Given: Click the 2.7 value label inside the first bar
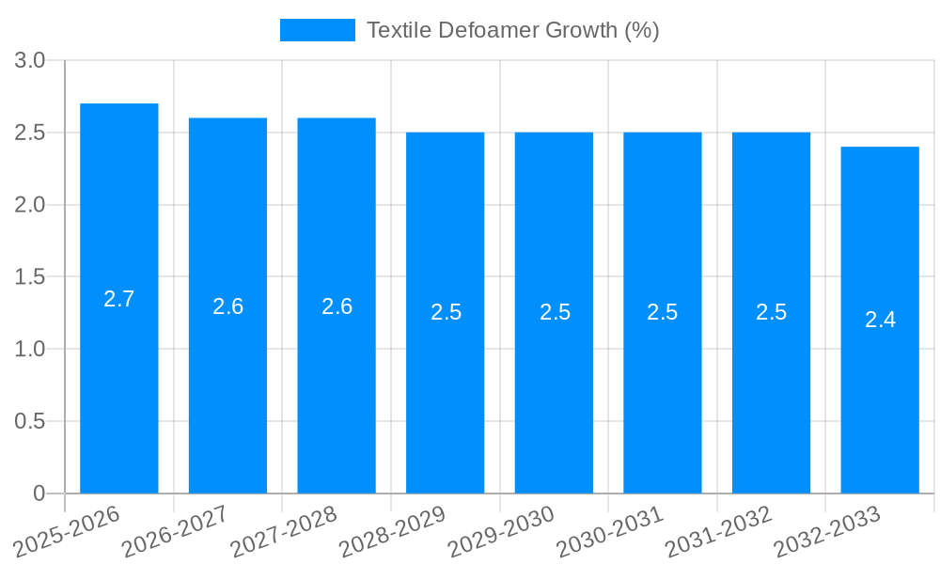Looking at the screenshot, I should coord(119,299).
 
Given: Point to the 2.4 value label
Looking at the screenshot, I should coord(880,320).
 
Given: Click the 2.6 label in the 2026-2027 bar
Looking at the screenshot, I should coord(228,306).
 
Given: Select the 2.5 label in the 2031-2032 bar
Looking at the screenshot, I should coord(772,312).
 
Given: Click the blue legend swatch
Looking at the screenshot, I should coord(318,30).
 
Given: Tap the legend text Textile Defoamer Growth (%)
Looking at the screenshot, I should coord(512,30).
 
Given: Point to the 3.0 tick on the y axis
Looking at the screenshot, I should coord(30,61).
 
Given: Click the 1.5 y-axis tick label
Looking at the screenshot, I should coord(30,277).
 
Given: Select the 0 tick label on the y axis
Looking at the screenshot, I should coord(39,493).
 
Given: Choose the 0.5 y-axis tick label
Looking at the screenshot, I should coord(30,422).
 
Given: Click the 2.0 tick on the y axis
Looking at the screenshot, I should coord(30,205).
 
